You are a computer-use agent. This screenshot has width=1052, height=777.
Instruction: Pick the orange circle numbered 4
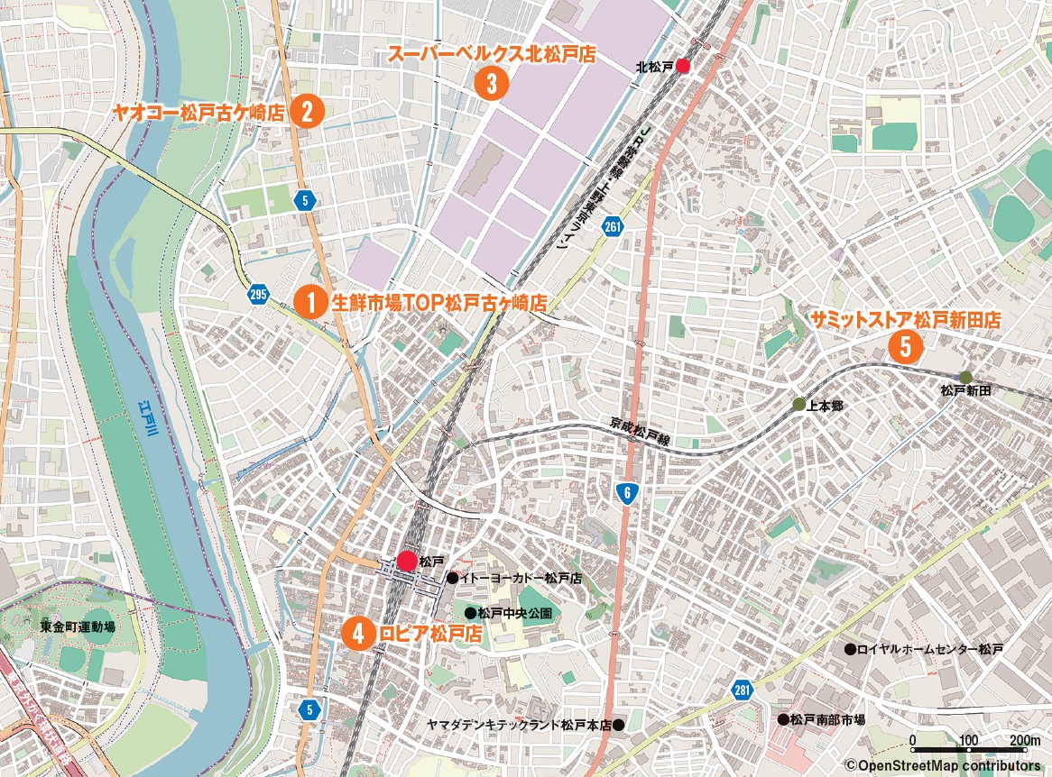pos(358,633)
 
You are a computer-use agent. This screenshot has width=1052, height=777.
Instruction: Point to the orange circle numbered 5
pos(905,345)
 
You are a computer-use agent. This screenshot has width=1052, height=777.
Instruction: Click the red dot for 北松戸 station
pos(683,66)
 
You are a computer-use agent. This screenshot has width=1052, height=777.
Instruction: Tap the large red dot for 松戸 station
pos(406,561)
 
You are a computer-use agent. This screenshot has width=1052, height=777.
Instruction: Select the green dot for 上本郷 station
pos(798,405)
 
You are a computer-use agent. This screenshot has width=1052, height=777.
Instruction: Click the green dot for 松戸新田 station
pos(965,377)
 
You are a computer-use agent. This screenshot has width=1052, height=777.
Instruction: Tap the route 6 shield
pos(626,492)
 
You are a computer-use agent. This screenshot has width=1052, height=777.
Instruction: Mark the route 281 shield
pos(742,690)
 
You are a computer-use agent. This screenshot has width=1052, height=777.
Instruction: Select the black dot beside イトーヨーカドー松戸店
pos(452,578)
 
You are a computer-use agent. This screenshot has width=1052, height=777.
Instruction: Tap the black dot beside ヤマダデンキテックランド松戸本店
pos(619,724)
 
